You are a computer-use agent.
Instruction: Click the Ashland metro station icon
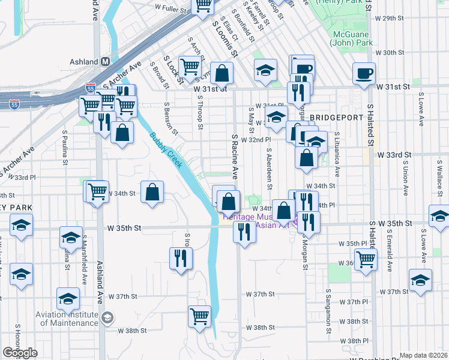[x=106, y=62]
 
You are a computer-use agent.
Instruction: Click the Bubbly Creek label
[x=164, y=150]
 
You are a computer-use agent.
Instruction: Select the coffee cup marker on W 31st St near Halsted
[x=364, y=74]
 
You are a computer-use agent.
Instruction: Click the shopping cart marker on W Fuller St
[x=203, y=5]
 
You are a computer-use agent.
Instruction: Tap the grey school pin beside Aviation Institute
[x=107, y=318]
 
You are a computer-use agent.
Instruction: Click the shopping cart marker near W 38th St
[x=199, y=316]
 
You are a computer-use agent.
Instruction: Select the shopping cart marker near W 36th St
[x=366, y=260]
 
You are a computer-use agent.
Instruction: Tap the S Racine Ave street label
[x=235, y=156]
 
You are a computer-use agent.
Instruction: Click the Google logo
[x=20, y=353]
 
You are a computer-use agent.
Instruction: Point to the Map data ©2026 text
[x=423, y=355]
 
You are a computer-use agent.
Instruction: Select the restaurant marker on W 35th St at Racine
[x=244, y=231]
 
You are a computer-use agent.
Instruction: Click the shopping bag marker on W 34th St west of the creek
[x=152, y=193]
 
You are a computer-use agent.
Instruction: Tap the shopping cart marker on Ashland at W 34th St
[x=97, y=192]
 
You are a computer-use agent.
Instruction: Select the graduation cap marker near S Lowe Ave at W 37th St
[x=420, y=280]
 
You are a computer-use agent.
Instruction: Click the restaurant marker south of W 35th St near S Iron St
[x=181, y=259]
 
